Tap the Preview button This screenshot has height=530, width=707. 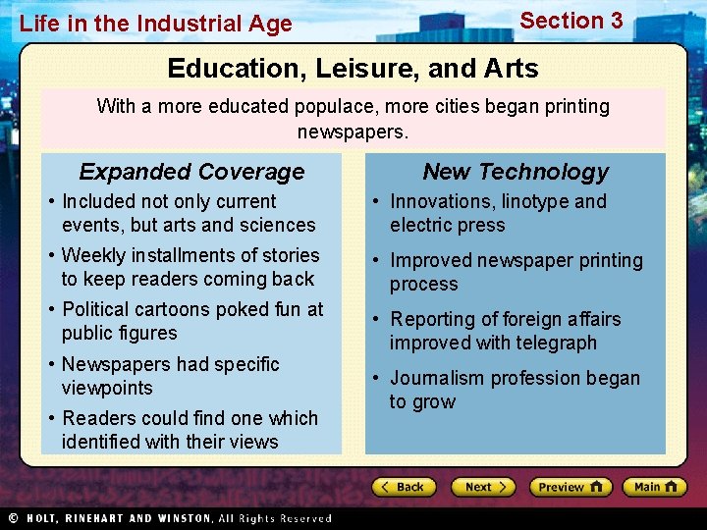571,487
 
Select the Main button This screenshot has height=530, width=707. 655,487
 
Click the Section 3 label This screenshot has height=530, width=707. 571,21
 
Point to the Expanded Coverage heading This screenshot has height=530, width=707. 191,172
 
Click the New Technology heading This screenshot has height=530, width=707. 516,172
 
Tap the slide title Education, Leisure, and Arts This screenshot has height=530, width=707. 353,69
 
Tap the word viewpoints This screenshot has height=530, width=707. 107,388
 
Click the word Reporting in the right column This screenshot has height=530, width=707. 433,319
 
